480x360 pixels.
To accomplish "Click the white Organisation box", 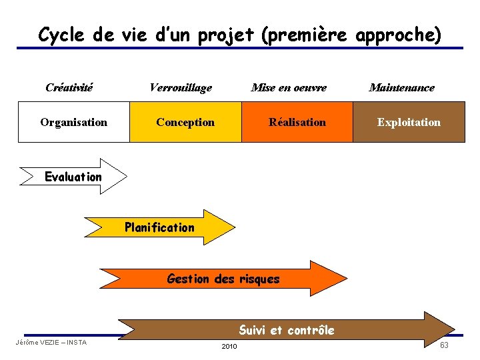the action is [73, 122].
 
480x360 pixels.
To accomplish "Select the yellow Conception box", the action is [185, 122].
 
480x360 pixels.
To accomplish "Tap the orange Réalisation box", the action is [297, 122].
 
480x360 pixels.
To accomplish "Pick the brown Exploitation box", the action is [409, 122].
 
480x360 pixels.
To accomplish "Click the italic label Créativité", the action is [69, 87].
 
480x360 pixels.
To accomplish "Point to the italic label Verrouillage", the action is [181, 87].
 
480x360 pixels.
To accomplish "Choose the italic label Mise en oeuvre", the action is [289, 87].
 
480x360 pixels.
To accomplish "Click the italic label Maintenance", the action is [401, 87].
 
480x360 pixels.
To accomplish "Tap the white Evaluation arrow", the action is [73, 177].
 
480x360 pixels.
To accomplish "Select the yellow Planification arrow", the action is [160, 227].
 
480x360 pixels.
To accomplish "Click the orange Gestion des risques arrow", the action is [223, 279].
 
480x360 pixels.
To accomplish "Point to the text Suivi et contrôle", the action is [287, 330].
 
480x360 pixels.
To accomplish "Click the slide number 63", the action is [444, 345].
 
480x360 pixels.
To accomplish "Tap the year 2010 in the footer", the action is [229, 347].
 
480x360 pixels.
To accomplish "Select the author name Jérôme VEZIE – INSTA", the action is [51, 343].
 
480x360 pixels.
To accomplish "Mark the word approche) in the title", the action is [399, 34].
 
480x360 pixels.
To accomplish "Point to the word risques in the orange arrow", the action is [259, 279].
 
